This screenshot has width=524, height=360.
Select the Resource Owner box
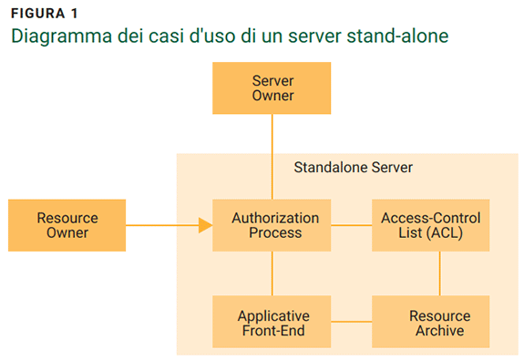[x=67, y=225]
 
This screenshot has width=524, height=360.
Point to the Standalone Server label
[x=353, y=169]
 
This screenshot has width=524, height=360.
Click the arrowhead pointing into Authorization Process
[x=205, y=225]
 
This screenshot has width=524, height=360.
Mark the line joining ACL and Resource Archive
[x=440, y=273]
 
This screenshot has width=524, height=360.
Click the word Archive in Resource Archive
[x=440, y=330]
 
